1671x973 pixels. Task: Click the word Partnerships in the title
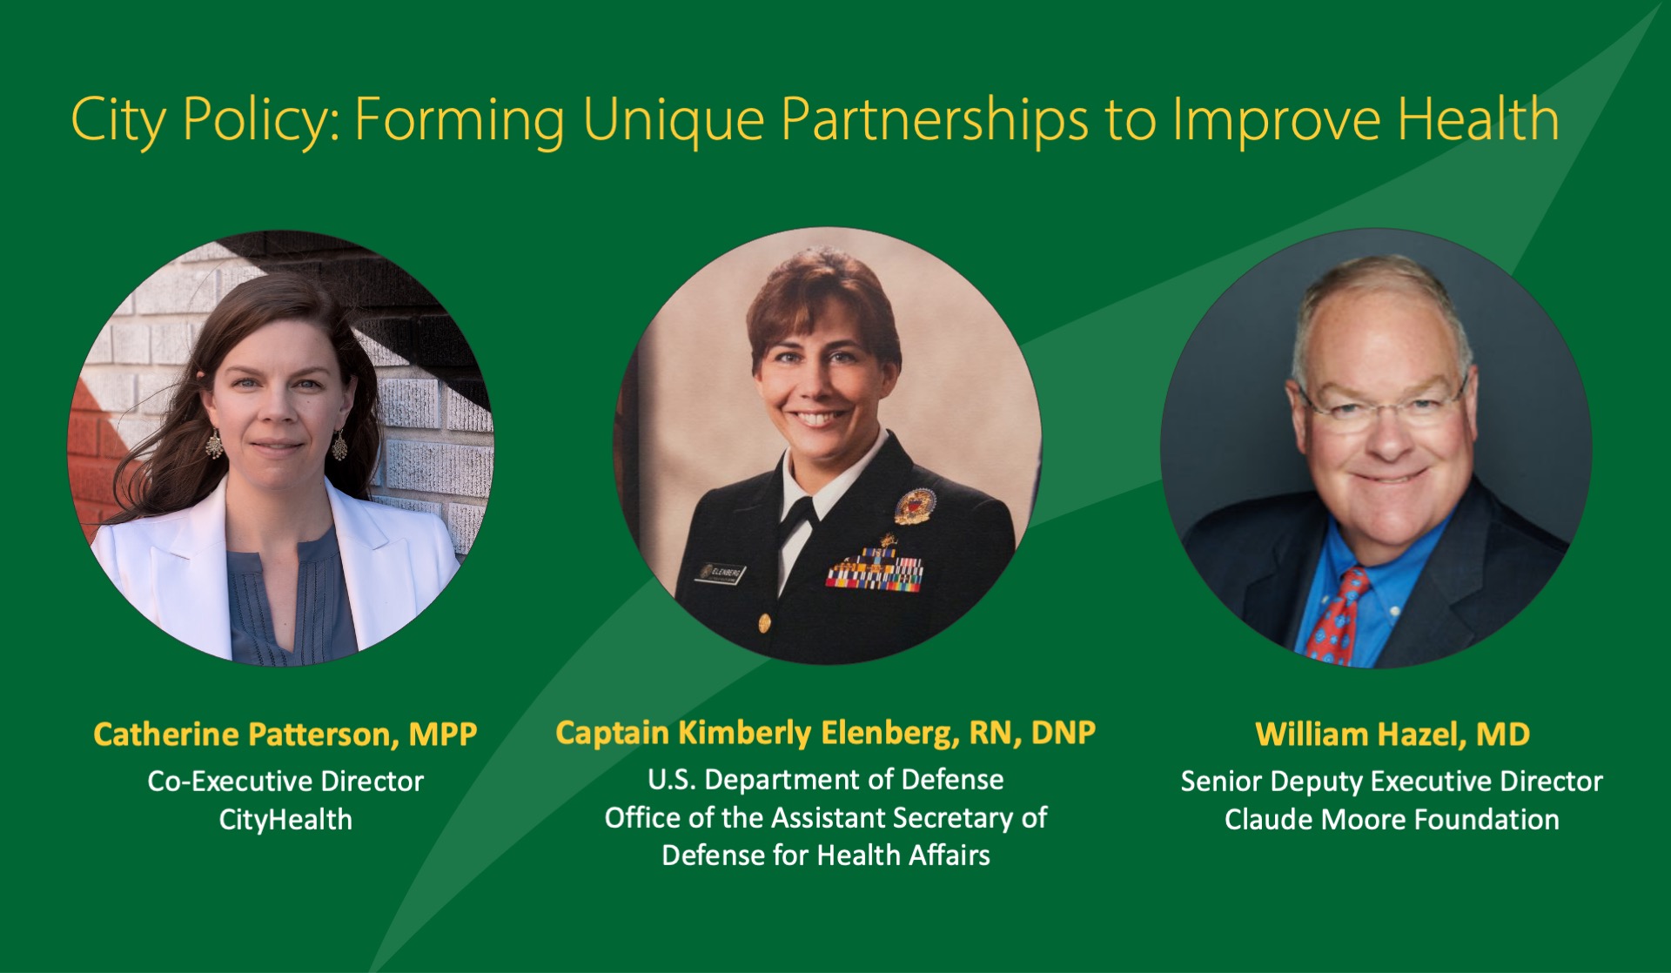(x=934, y=120)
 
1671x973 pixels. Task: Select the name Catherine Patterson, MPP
(x=285, y=735)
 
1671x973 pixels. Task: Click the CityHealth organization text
(x=285, y=820)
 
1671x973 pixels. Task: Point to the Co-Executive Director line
(x=285, y=782)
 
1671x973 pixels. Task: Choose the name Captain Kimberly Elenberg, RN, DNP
(x=825, y=733)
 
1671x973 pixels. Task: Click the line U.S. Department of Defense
(x=825, y=780)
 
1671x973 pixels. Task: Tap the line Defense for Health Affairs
(x=825, y=856)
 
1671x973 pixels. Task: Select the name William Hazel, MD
(x=1392, y=735)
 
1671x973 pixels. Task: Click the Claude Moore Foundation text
(x=1392, y=820)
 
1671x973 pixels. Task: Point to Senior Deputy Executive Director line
(x=1392, y=782)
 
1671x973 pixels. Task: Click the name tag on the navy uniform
(x=721, y=573)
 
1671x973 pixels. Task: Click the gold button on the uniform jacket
(x=763, y=623)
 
